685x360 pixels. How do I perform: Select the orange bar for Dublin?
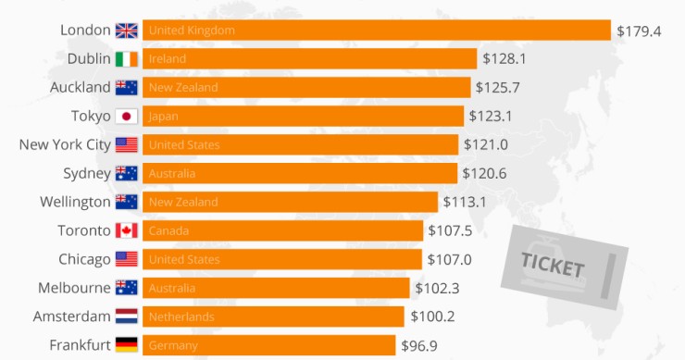309,59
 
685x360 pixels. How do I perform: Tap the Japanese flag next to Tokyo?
126,117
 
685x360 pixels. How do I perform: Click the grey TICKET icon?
564,267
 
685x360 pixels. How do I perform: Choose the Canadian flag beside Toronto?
126,231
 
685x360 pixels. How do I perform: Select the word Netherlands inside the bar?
181,317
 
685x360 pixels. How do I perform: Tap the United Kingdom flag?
126,31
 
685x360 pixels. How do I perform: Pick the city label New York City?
65,145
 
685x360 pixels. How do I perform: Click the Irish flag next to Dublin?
126,59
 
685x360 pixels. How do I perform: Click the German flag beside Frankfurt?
126,346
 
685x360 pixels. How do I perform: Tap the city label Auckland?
81,88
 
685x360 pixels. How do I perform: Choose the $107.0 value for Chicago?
449,260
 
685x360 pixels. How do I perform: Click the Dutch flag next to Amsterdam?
126,317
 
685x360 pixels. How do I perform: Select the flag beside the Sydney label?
126,174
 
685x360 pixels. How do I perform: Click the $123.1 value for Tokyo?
491,117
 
